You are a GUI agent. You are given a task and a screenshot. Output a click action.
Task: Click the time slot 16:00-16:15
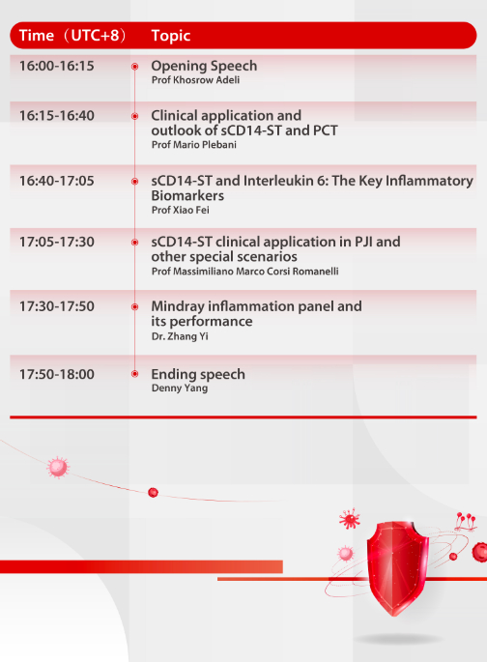[57, 66]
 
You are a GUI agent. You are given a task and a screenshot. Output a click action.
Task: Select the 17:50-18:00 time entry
[57, 374]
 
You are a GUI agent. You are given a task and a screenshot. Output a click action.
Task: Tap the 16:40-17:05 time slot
[57, 181]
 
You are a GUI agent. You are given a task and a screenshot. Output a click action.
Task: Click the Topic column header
[171, 36]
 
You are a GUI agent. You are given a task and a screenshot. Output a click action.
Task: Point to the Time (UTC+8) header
[72, 36]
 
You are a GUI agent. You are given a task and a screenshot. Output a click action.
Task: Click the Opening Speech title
[204, 66]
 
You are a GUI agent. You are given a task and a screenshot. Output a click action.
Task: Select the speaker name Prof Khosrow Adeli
[195, 80]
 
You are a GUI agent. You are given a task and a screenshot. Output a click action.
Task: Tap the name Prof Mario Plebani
[193, 145]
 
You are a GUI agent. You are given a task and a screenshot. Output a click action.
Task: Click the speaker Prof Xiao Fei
[180, 210]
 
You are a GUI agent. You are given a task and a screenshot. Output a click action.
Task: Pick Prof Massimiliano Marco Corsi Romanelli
[244, 271]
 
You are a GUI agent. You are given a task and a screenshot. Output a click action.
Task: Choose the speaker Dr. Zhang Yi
[180, 336]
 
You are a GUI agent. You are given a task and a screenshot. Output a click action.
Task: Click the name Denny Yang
[180, 388]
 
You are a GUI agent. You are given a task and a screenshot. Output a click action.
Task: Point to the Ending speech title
[198, 374]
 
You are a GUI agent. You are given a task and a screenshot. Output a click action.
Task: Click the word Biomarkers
[187, 196]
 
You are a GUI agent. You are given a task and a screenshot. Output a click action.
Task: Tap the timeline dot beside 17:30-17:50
[134, 307]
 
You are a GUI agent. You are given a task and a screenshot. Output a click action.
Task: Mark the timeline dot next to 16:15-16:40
[134, 116]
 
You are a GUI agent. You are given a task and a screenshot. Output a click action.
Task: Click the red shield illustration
[396, 568]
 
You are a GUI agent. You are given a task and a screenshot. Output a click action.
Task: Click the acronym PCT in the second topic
[325, 130]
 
